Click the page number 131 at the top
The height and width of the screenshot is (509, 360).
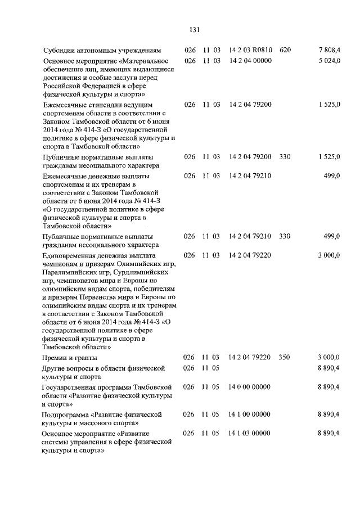195,29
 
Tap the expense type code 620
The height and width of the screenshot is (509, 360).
285,50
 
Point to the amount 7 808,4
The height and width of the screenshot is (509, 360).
329,50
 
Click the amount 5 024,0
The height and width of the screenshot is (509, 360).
329,60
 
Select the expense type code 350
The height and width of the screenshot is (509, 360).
285,357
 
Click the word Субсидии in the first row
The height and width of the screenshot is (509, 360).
59,50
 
